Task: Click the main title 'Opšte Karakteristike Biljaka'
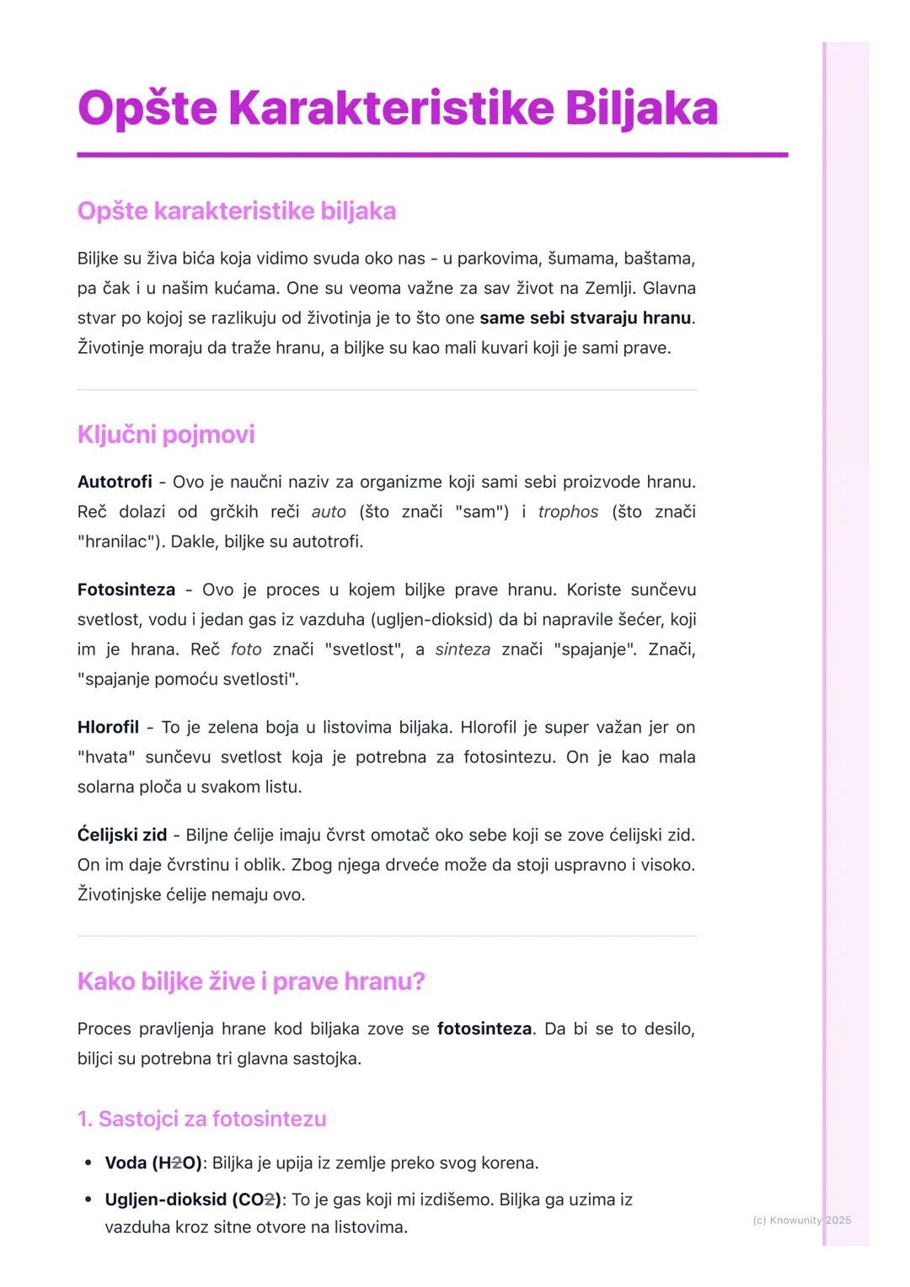(x=397, y=109)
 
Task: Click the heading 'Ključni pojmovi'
(x=165, y=435)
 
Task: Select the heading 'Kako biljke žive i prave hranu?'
(x=250, y=981)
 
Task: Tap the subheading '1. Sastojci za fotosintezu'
(x=201, y=1119)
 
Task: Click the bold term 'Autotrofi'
(x=115, y=482)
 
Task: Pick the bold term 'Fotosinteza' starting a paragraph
(x=126, y=590)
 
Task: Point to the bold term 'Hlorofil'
(x=108, y=727)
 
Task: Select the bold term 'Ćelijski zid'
(x=122, y=835)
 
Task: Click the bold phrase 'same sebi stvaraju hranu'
(x=586, y=318)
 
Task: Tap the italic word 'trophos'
(x=568, y=511)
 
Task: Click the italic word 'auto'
(x=329, y=511)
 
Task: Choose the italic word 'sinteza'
(x=463, y=650)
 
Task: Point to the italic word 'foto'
(x=246, y=650)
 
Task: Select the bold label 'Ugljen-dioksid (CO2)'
(x=193, y=1199)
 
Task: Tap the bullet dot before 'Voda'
(x=88, y=1163)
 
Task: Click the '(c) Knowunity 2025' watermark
(x=801, y=1220)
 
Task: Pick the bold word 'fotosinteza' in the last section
(x=484, y=1028)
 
